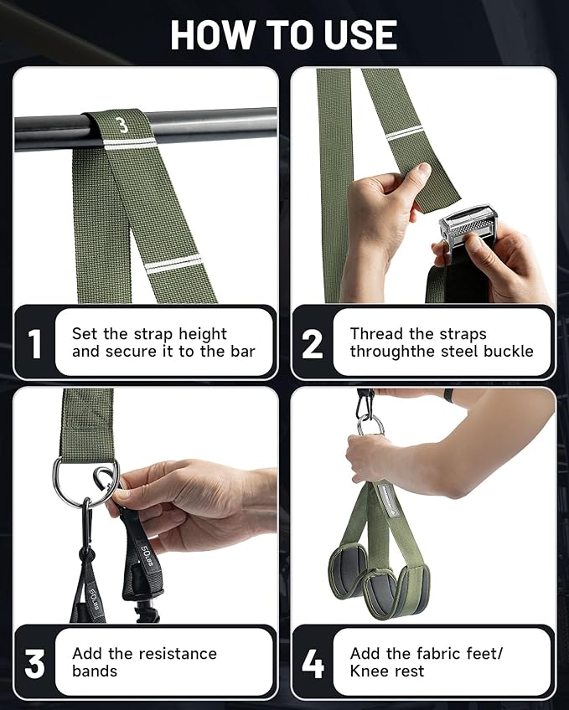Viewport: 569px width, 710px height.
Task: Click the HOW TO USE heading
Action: tap(283, 34)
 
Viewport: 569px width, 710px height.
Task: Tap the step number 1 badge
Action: tap(35, 343)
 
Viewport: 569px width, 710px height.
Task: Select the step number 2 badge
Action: tap(313, 343)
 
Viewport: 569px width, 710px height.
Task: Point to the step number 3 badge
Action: tap(35, 663)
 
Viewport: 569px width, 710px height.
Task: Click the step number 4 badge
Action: tap(313, 663)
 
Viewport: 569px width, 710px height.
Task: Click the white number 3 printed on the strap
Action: tap(123, 126)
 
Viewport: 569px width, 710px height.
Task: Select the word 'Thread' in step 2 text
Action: tap(376, 333)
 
